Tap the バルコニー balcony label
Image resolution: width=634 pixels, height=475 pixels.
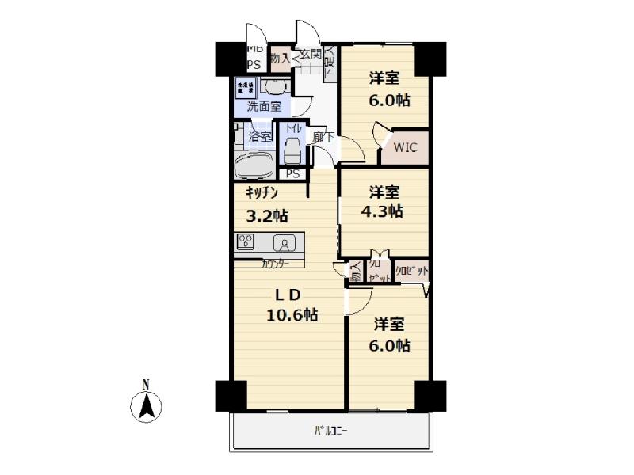tap(331, 431)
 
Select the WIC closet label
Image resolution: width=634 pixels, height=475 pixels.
tap(405, 148)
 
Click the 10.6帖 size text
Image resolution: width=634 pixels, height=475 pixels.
tap(292, 314)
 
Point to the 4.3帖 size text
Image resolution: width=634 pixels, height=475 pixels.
tap(384, 211)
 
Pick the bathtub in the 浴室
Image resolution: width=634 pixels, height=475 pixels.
tap(254, 166)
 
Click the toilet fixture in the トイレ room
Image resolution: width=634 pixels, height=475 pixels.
tap(292, 149)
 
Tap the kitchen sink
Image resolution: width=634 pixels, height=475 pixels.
tap(282, 242)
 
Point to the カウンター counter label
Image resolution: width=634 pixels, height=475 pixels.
tap(276, 263)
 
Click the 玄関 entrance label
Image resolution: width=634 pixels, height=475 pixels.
tap(310, 55)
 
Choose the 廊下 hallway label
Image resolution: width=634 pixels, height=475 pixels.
tap(323, 137)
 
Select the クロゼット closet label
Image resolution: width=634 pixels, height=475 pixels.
tap(411, 271)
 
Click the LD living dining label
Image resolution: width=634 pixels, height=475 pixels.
tap(288, 294)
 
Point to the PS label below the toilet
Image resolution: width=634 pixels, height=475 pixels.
tap(292, 174)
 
